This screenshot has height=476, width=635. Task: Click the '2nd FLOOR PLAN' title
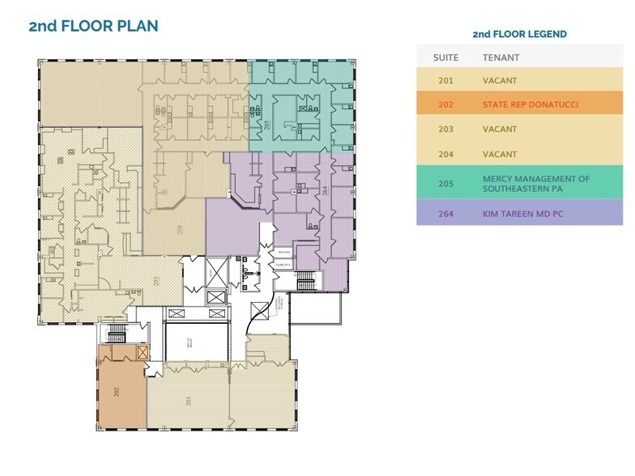(x=93, y=26)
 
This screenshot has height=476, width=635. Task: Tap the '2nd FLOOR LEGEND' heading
(x=519, y=34)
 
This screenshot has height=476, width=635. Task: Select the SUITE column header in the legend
(x=445, y=57)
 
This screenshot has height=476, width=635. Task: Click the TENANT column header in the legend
(x=501, y=57)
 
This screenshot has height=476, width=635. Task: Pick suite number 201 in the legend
(x=445, y=81)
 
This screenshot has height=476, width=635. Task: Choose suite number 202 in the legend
(x=445, y=104)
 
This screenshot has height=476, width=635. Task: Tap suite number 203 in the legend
(x=445, y=129)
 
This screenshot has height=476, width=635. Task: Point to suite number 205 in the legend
(x=445, y=183)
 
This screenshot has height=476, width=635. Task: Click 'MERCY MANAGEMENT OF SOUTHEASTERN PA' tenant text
(x=535, y=183)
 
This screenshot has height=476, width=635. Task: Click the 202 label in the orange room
(x=117, y=393)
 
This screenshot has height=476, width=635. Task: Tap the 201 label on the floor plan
(x=188, y=401)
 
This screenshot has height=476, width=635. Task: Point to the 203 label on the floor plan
(x=156, y=281)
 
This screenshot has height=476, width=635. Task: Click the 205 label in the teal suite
(x=266, y=125)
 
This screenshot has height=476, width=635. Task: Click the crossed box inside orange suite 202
(x=143, y=353)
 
